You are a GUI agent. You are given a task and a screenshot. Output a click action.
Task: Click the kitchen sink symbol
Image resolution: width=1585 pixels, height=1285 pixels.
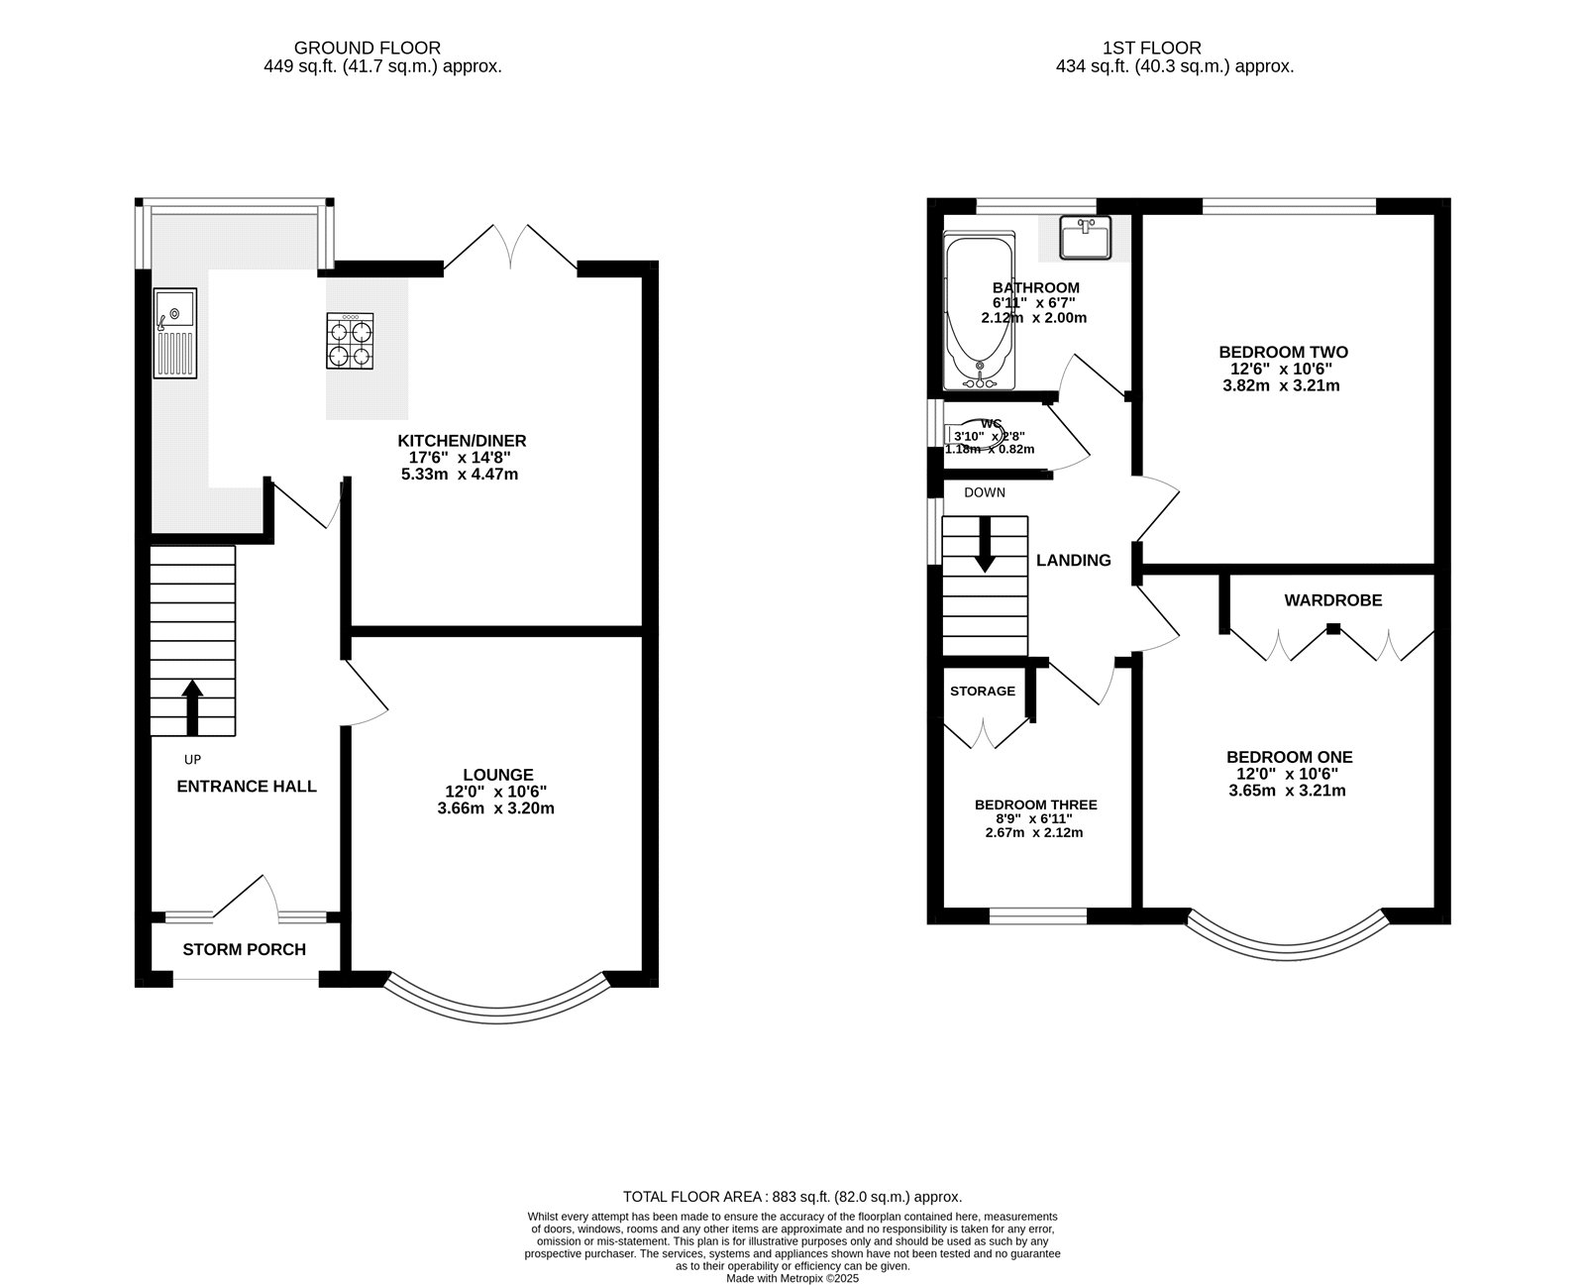tap(175, 333)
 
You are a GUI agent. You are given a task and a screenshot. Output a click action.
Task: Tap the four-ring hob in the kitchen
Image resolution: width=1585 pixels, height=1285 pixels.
tap(352, 341)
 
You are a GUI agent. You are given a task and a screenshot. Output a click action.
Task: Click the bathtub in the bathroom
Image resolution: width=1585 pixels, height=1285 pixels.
tap(980, 312)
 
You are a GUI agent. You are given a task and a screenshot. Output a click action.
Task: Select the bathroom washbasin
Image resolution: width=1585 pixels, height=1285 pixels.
tap(1086, 238)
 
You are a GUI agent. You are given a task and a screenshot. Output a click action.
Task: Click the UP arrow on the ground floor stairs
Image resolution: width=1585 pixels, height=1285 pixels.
tap(192, 705)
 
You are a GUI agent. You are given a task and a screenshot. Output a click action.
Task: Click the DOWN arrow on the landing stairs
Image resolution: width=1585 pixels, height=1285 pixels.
tap(985, 545)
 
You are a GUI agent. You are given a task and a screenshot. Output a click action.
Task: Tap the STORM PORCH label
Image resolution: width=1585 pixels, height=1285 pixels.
tap(244, 949)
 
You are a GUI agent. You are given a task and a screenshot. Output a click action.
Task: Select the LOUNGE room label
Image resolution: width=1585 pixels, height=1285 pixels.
tap(497, 775)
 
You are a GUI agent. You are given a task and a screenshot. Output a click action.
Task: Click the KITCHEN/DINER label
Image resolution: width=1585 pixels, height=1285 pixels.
tap(462, 441)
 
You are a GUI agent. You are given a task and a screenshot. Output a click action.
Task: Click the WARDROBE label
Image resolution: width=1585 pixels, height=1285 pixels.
tap(1332, 600)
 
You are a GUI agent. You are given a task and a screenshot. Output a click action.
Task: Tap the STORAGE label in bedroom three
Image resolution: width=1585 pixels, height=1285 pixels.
tap(983, 691)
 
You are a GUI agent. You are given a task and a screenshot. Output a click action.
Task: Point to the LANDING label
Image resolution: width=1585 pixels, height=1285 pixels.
tap(1073, 561)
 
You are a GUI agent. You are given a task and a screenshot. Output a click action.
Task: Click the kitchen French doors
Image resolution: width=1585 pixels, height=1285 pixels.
tap(510, 248)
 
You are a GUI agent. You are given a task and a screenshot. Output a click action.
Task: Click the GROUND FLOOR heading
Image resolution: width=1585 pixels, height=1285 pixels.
tap(368, 48)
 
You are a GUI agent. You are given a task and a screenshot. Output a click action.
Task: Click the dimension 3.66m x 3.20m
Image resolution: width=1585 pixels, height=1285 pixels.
tap(495, 808)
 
